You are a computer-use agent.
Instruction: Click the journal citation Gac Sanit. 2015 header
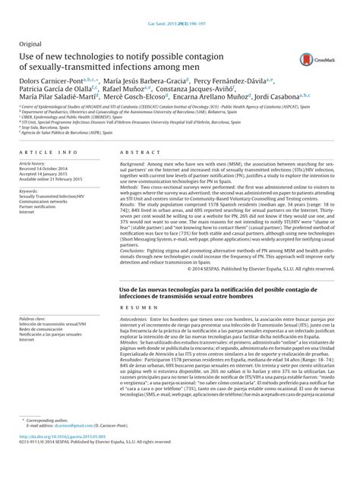point(179,5)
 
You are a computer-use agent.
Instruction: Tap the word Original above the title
point(30,46)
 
